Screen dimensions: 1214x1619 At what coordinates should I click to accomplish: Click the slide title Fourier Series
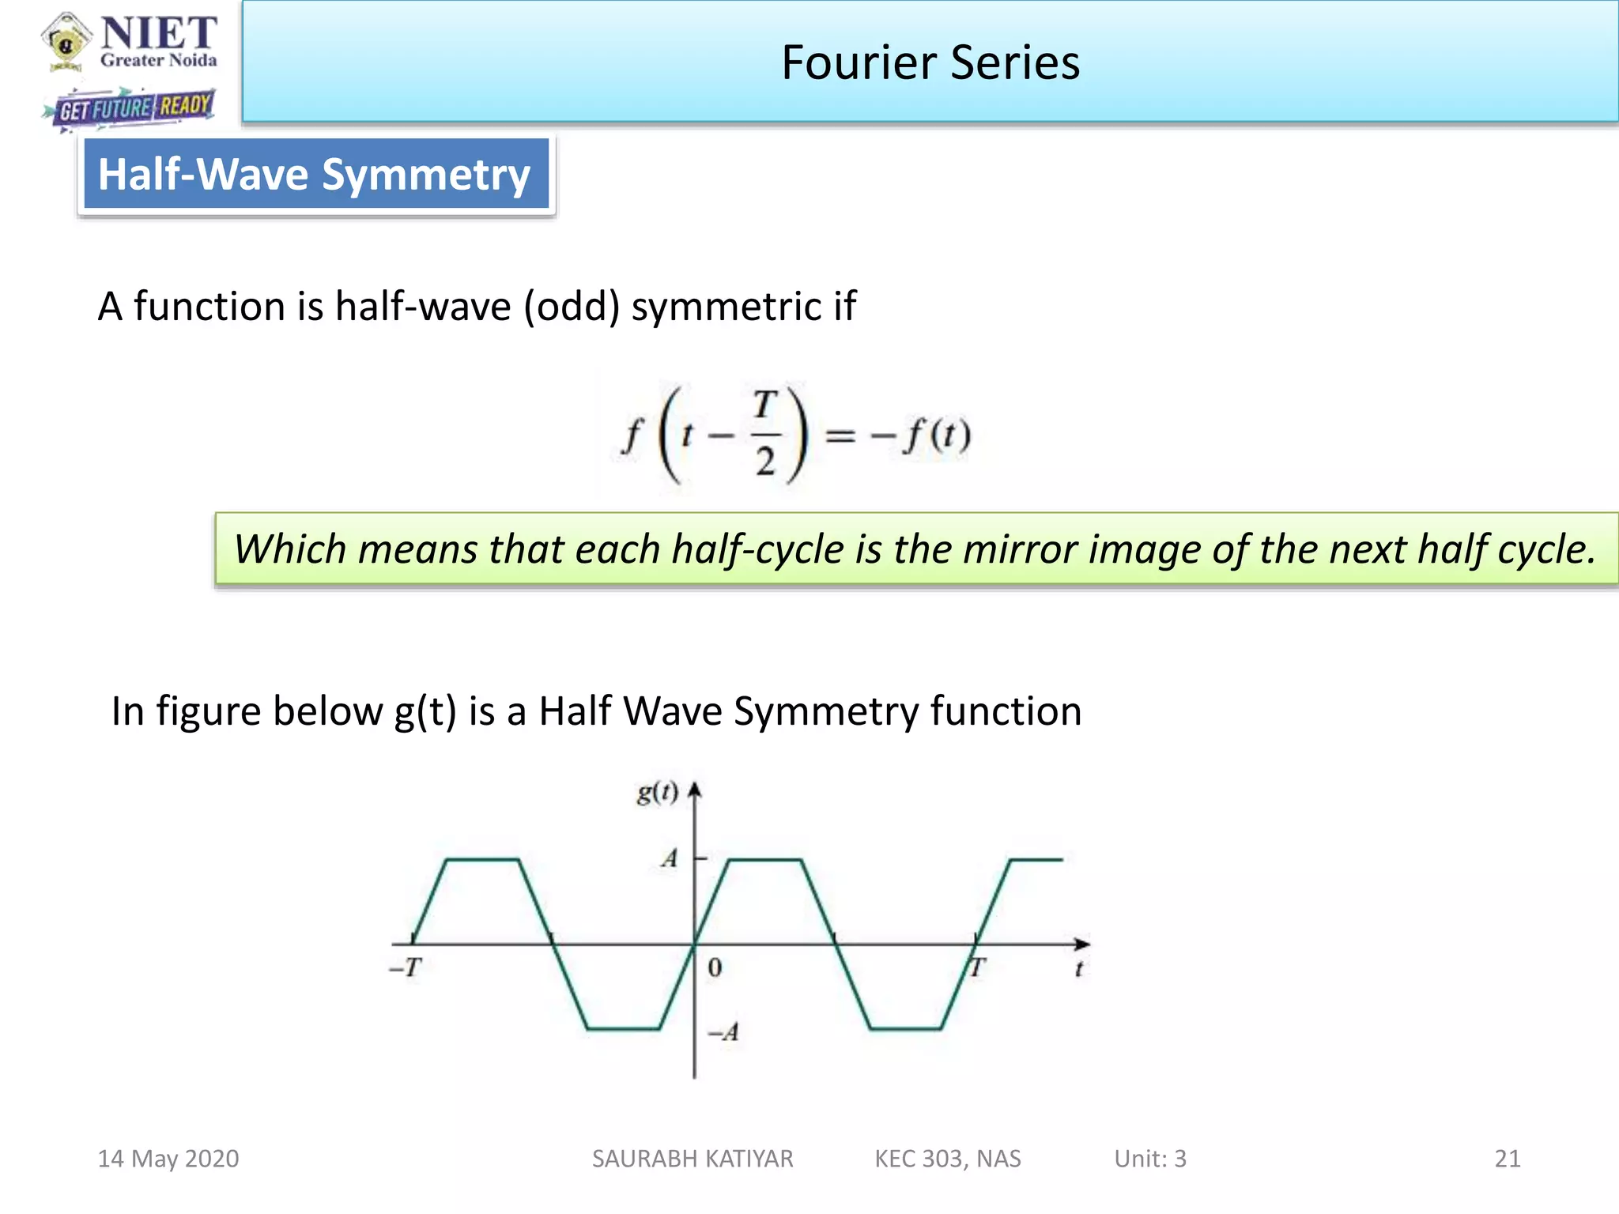click(930, 62)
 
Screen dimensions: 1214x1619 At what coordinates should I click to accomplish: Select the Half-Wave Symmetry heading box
click(315, 174)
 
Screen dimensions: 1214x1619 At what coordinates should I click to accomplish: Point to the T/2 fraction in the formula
click(764, 433)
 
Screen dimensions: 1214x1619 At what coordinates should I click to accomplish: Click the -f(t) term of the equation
click(921, 435)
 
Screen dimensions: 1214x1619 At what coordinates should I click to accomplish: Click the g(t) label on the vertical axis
click(657, 792)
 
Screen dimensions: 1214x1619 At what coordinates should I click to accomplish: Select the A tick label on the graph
click(670, 858)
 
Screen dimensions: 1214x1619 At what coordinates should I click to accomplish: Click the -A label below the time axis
click(723, 1032)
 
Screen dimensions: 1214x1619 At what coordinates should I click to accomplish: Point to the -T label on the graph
click(406, 967)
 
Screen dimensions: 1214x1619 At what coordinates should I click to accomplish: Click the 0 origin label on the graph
click(715, 967)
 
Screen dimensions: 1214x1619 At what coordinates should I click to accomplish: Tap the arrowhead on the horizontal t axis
click(1082, 944)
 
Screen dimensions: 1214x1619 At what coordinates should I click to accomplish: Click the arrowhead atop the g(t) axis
click(695, 791)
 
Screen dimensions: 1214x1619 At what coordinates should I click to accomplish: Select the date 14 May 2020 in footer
click(168, 1159)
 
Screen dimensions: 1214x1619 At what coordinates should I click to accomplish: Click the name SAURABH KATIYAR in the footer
click(693, 1159)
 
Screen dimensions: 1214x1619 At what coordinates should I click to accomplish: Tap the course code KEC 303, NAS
click(948, 1159)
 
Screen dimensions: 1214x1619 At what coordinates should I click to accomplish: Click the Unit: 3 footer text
click(1150, 1159)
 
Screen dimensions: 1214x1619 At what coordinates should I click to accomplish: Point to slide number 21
click(1508, 1159)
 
